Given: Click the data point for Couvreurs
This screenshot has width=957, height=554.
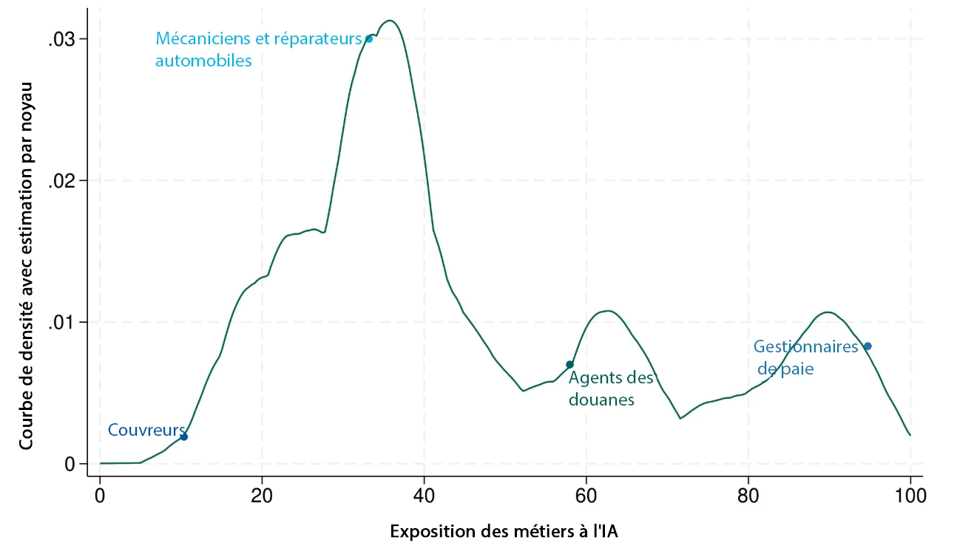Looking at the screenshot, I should [x=184, y=437].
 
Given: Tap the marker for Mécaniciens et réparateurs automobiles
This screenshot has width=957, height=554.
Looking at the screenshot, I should [x=369, y=38].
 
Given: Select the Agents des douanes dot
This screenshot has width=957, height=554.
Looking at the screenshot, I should [x=569, y=364].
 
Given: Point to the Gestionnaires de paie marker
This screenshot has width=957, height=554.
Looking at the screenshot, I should [x=868, y=346].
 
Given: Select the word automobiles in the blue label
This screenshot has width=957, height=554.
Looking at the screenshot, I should [x=203, y=61].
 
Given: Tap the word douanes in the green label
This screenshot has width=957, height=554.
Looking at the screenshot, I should [x=601, y=400].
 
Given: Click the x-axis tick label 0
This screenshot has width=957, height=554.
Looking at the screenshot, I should [x=100, y=495].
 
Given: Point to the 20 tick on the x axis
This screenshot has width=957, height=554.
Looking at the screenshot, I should [x=262, y=495].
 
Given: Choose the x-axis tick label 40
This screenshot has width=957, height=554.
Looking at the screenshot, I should [x=424, y=495].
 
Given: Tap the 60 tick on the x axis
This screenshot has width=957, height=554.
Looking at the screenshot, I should [x=586, y=495].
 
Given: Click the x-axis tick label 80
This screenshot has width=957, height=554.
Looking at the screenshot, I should [x=748, y=495].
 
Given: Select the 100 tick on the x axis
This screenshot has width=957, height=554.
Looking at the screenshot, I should [x=910, y=495].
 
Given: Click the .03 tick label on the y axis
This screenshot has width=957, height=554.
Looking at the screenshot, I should [x=62, y=40].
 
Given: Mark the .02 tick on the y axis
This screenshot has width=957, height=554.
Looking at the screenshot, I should [x=62, y=181].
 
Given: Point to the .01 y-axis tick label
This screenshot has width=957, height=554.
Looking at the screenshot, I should [x=62, y=323].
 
